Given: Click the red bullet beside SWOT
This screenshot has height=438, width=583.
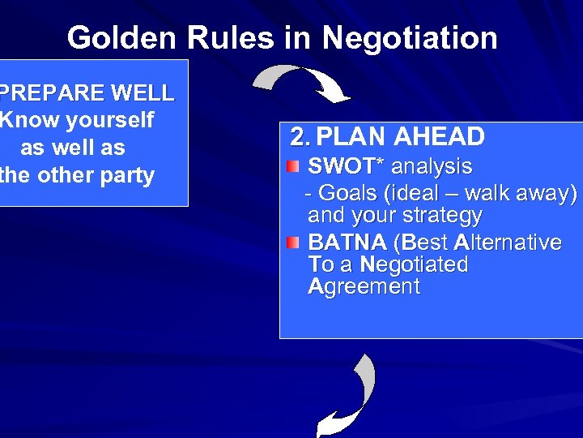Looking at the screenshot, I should pyautogui.click(x=293, y=168).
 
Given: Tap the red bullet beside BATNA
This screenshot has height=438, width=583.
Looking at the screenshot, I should pyautogui.click(x=293, y=243).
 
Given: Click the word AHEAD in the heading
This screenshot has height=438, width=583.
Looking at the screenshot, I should pyautogui.click(x=440, y=137).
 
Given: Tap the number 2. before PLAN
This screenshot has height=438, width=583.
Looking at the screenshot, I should pyautogui.click(x=301, y=137).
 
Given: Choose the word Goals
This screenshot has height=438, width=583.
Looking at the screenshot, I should pyautogui.click(x=349, y=194).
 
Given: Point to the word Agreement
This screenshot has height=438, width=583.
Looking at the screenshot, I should pyautogui.click(x=364, y=286).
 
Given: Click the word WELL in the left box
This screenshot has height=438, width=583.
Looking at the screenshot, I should pyautogui.click(x=140, y=93).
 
